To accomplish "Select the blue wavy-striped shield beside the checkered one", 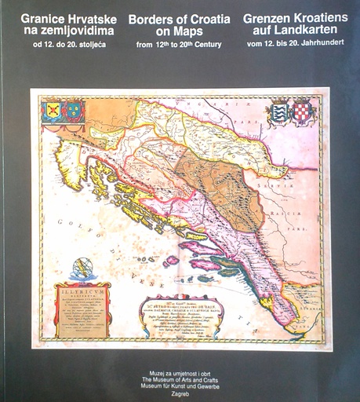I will pos(278,111).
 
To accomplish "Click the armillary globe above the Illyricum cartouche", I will pos(81,269).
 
